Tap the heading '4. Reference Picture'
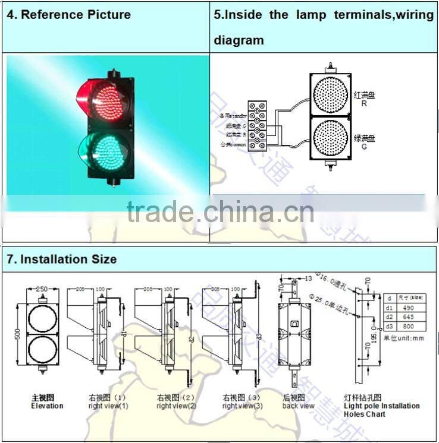pyautogui.click(x=68, y=15)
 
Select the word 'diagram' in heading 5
pyautogui.click(x=239, y=41)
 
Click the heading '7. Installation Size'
pyautogui.click(x=62, y=259)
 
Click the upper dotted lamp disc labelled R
pyautogui.click(x=330, y=95)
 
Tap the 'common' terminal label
pyautogui.click(x=233, y=143)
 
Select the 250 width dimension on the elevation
pyautogui.click(x=41, y=289)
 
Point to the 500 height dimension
pyautogui.click(x=18, y=333)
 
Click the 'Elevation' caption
pyautogui.click(x=47, y=406)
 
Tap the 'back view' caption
pyautogui.click(x=299, y=406)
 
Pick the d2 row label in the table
pyautogui.click(x=390, y=317)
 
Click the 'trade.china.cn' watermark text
pyautogui.click(x=220, y=211)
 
